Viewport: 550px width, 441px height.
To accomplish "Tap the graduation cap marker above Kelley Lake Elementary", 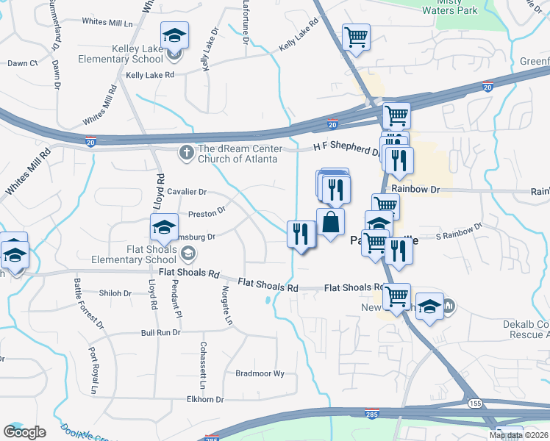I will point(175,35).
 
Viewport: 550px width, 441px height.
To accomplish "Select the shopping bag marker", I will point(330,222).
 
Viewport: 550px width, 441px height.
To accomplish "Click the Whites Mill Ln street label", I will point(107,22).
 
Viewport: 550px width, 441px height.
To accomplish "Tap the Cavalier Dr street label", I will point(187,192).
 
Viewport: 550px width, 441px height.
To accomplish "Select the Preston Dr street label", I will point(207,215).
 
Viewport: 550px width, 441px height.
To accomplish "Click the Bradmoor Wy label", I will point(260,373).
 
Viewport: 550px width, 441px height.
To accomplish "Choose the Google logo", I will point(24,432).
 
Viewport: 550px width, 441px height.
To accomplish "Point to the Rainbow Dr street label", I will point(415,189).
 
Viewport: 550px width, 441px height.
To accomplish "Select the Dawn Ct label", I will point(23,64).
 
